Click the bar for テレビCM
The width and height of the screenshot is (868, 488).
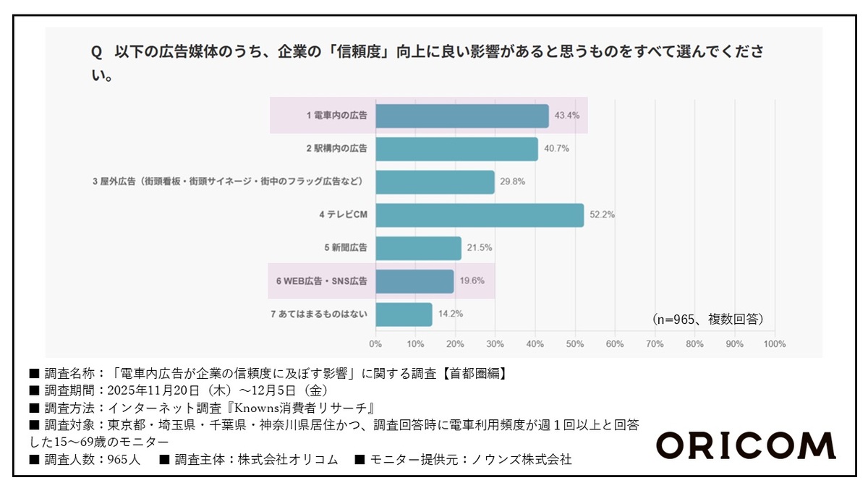coord(480,215)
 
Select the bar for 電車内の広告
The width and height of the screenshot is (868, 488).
coord(462,116)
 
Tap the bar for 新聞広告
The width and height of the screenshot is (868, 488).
coord(418,249)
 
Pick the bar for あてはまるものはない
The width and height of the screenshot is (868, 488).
coord(404,314)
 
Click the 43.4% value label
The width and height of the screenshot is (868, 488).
coord(566,116)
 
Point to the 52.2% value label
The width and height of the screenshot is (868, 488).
coord(602,215)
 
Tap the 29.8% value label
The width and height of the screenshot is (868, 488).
coord(512,182)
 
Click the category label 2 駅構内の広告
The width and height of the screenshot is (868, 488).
coord(336,149)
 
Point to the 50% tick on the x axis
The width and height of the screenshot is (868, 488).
coord(575,344)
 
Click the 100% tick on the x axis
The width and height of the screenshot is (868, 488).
coord(774,344)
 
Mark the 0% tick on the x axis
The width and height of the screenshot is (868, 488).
coord(375,344)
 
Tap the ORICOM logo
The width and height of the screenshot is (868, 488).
coord(746,445)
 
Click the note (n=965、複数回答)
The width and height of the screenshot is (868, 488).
coord(707,319)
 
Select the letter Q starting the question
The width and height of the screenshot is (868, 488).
coord(95,53)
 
